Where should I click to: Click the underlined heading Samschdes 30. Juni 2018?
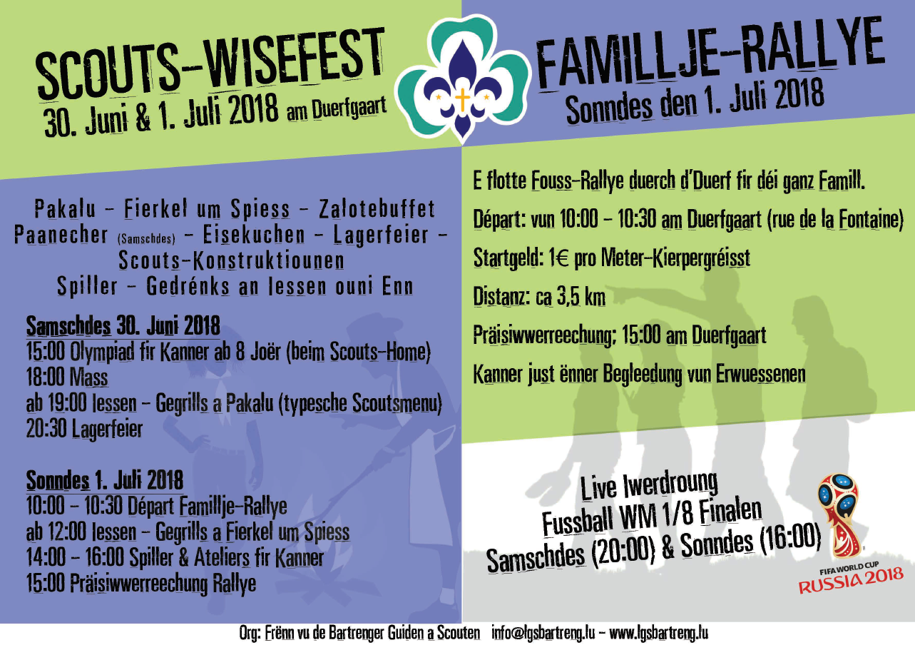[x=123, y=325]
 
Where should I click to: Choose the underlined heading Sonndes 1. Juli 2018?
[x=105, y=480]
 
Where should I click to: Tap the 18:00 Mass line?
[x=67, y=377]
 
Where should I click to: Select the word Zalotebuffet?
[x=377, y=209]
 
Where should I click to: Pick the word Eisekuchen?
[x=254, y=235]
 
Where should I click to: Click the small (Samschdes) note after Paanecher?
[x=146, y=238]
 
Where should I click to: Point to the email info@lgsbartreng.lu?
[x=543, y=633]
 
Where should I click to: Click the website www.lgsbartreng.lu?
[x=658, y=633]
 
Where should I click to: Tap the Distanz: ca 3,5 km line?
[x=539, y=297]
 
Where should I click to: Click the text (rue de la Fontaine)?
[x=835, y=220]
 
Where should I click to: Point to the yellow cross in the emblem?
[x=462, y=99]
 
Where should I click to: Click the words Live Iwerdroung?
[x=649, y=486]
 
